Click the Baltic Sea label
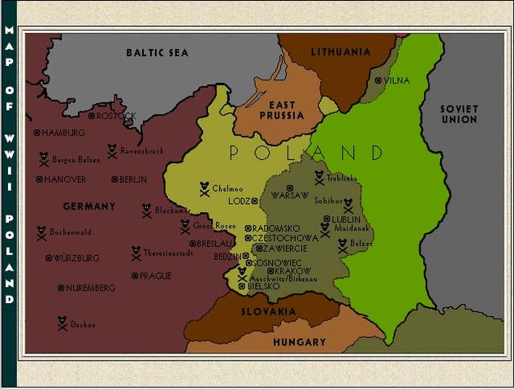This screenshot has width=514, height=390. click(157, 53)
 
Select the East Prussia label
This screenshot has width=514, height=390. click(282, 110)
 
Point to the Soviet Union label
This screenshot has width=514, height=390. click(459, 114)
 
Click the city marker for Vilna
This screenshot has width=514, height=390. click(378, 80)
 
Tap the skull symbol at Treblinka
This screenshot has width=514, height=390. click(319, 177)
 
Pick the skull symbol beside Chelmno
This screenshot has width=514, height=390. click(204, 188)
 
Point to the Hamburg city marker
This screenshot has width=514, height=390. click(37, 132)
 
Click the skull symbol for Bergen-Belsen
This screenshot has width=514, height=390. click(44, 160)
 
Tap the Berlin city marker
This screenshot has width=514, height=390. click(114, 180)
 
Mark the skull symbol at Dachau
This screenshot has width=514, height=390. click(62, 324)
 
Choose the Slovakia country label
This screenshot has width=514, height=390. click(268, 311)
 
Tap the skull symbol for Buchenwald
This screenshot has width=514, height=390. click(41, 232)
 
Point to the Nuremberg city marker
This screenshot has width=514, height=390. click(60, 288)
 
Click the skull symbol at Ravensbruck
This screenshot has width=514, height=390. click(112, 150)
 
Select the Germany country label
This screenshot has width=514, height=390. click(89, 206)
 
